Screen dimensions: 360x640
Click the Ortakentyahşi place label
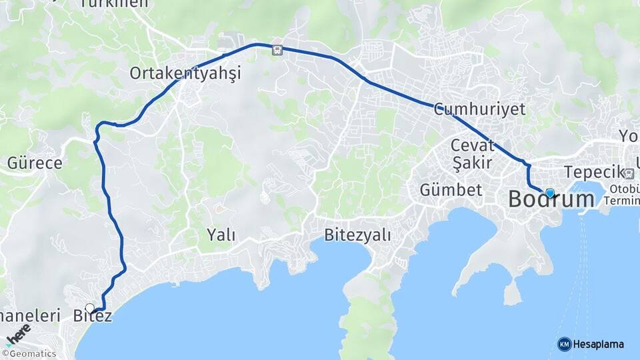point(185,73)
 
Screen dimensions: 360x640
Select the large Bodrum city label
point(551,199)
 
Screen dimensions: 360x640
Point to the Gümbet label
point(451,190)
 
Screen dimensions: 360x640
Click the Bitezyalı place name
point(357,235)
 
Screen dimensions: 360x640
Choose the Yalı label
point(221,234)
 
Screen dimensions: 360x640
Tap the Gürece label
point(35,163)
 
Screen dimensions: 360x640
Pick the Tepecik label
point(593,171)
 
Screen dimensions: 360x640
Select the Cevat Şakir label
point(471,153)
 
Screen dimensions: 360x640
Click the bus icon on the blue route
point(277,49)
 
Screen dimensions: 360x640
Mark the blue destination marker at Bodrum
point(549,193)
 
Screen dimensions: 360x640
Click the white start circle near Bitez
point(90,308)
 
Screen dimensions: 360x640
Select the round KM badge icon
point(564,344)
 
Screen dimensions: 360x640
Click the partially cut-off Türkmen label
point(113,4)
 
